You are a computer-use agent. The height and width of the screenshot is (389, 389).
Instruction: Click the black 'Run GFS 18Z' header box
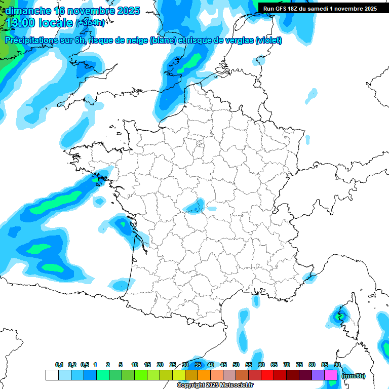(320, 9)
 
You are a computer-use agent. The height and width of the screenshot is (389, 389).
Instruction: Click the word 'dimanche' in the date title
(28, 11)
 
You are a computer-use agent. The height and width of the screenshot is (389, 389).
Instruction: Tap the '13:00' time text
(21, 23)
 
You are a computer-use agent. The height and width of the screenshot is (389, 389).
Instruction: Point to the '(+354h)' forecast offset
(90, 23)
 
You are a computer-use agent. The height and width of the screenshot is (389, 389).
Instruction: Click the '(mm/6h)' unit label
(353, 376)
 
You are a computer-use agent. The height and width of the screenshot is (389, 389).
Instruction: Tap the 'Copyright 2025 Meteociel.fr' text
(215, 385)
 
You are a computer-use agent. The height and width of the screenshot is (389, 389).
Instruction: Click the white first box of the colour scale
(52, 375)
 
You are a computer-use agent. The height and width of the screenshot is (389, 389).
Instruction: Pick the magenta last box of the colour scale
(331, 375)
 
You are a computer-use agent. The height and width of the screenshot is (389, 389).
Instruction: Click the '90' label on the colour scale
(337, 365)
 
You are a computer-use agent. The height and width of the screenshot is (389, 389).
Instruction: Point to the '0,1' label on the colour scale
(59, 365)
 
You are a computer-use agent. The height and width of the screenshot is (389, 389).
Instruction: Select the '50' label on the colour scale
(236, 365)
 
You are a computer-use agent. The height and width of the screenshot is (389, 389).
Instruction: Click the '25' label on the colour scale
(173, 365)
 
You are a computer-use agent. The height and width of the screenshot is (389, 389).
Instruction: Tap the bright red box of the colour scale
(267, 375)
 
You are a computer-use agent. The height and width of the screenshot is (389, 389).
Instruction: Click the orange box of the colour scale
(204, 375)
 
